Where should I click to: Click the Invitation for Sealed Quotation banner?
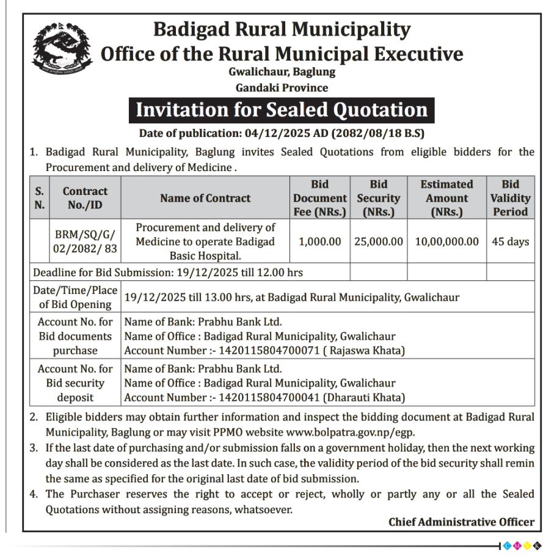282,110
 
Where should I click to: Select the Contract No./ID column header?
85,198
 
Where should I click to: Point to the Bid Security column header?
378,198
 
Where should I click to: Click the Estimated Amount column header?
446,198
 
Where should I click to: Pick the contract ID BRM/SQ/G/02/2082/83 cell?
85,241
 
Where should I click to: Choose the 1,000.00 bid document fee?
319,241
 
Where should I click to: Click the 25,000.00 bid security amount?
378,241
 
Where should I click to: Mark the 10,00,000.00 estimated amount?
446,241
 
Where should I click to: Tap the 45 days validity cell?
510,241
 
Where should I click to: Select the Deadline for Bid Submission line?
168,272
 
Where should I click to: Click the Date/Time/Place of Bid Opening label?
75,297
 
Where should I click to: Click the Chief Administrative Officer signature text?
461,522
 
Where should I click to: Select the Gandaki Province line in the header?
282,87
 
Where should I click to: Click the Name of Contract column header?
205,198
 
